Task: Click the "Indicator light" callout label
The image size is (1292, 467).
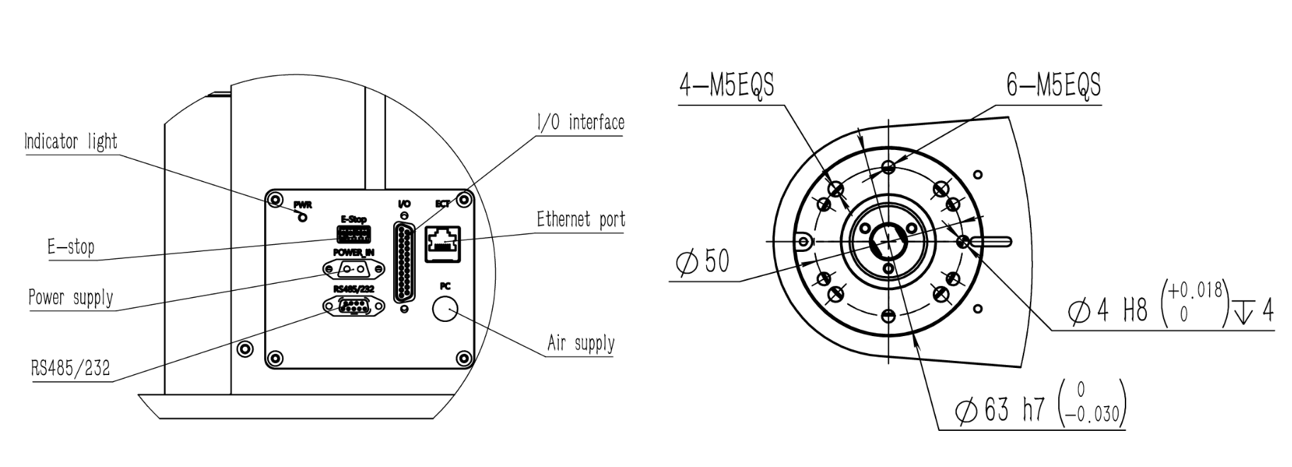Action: tap(71, 142)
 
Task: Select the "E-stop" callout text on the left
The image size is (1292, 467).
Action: tap(71, 247)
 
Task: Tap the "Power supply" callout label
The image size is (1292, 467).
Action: tap(71, 297)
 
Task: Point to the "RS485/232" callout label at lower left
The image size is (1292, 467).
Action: tap(71, 368)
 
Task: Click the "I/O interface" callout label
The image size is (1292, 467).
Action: tap(580, 122)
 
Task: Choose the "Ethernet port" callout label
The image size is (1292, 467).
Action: tap(581, 219)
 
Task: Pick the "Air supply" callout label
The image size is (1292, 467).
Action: tap(581, 344)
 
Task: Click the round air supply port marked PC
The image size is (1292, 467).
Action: tap(445, 309)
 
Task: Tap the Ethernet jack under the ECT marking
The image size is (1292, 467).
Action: tap(443, 244)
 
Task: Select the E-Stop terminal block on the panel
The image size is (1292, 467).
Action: tap(353, 234)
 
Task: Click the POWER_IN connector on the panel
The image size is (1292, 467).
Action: tap(353, 270)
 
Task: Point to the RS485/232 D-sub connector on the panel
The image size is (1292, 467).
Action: tap(353, 306)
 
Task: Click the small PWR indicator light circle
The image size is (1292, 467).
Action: tap(304, 217)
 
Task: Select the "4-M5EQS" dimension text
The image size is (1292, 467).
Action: tap(727, 85)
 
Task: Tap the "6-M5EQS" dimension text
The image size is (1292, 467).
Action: tap(1054, 85)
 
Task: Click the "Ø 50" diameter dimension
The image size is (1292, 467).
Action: tap(703, 262)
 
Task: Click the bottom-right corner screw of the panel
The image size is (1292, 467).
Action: tap(464, 357)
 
